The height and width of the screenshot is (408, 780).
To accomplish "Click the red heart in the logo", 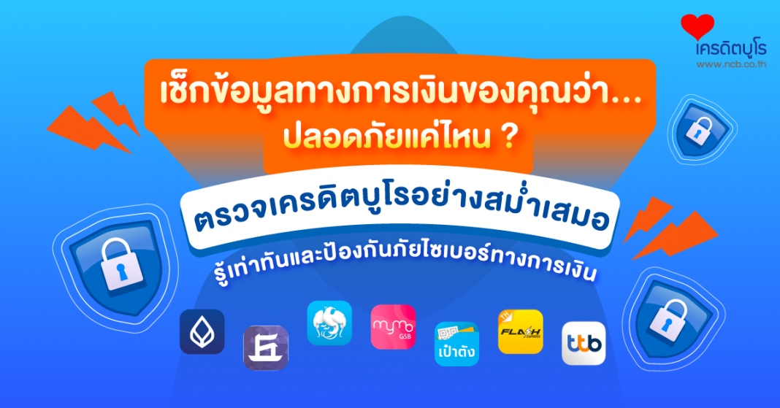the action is (x=697, y=26).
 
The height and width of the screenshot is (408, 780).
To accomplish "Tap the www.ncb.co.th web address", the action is (x=731, y=64).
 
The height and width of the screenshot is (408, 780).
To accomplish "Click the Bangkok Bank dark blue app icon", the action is (x=202, y=331).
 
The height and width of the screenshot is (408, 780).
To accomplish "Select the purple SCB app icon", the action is (x=266, y=348).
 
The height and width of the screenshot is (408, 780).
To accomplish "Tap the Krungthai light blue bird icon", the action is (x=329, y=323).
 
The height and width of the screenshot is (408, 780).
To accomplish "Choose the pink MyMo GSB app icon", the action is (x=393, y=327).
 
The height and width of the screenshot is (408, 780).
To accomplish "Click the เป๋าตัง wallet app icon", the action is (x=456, y=344).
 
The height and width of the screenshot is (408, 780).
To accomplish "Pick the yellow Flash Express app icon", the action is (x=520, y=331).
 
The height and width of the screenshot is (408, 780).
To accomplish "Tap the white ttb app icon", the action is (x=584, y=343).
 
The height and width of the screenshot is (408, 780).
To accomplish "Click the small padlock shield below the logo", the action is (x=701, y=128).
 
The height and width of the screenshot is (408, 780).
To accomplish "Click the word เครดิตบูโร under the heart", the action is (x=731, y=48).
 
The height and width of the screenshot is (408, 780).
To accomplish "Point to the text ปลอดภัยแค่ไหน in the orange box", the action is (x=387, y=137).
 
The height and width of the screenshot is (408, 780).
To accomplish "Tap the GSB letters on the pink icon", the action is (x=405, y=336).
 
